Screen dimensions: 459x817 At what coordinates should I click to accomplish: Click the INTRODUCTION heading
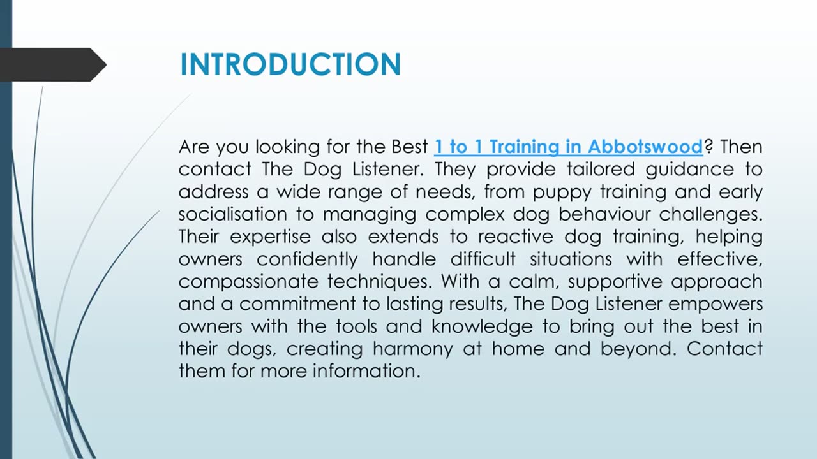click(x=290, y=64)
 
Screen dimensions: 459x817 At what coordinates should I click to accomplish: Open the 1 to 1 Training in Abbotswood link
click(x=568, y=147)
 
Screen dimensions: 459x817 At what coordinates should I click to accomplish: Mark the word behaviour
click(x=604, y=214)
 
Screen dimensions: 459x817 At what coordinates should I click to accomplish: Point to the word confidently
click(x=308, y=259)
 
